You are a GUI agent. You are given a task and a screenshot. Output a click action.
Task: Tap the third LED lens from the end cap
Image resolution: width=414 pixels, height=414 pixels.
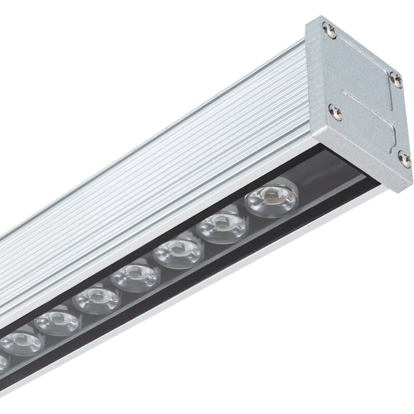pos(179,252)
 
